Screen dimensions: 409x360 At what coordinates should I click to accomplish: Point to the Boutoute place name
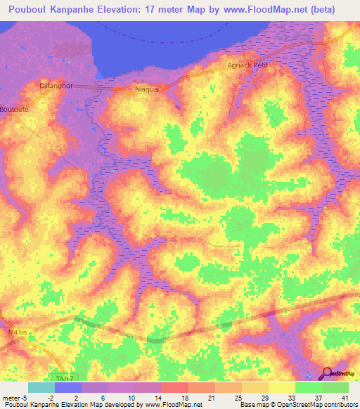click(15, 110)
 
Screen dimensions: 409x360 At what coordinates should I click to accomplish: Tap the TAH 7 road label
click(65, 377)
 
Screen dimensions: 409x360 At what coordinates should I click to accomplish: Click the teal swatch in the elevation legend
click(41, 387)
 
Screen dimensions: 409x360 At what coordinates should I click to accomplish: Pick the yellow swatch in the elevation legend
click(281, 387)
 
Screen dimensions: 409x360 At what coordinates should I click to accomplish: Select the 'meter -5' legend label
click(13, 397)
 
